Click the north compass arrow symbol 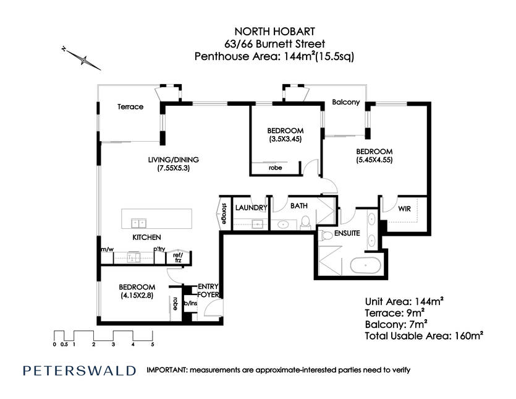(82, 59)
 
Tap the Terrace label (130, 107)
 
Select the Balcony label (346, 102)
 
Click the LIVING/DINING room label (174, 160)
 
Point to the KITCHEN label (147, 237)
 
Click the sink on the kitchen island (139, 223)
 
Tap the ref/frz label (178, 258)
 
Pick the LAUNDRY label (251, 208)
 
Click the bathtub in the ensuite (365, 265)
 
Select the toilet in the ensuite (326, 235)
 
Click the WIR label (404, 208)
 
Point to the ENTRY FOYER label (208, 291)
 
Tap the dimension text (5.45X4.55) (374, 160)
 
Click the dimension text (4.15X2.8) (137, 296)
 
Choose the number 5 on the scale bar (153, 345)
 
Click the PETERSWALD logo (79, 371)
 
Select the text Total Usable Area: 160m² (424, 336)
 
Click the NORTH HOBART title (274, 32)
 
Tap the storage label (224, 213)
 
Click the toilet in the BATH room (306, 223)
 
